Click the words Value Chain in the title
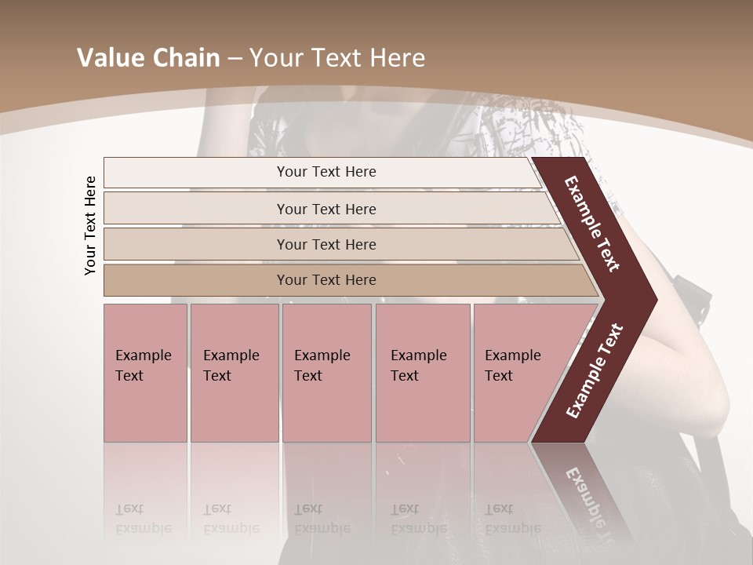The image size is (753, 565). click(x=148, y=58)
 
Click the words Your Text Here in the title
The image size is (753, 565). click(x=336, y=58)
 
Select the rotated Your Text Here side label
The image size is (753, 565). click(x=90, y=225)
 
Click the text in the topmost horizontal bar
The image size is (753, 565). click(x=326, y=172)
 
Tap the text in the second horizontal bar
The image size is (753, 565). click(x=326, y=210)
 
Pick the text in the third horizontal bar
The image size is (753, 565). click(x=326, y=245)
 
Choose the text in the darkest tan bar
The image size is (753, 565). click(x=326, y=280)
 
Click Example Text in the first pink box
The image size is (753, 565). click(x=143, y=366)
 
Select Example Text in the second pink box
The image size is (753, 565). click(x=231, y=366)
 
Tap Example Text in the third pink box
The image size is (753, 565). click(x=322, y=366)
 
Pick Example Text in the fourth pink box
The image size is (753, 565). click(x=418, y=366)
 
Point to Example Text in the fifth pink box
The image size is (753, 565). click(x=512, y=366)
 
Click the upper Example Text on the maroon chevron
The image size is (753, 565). click(x=592, y=224)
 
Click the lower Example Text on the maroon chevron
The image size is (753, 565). click(x=595, y=370)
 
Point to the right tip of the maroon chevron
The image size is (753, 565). click(x=655, y=300)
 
